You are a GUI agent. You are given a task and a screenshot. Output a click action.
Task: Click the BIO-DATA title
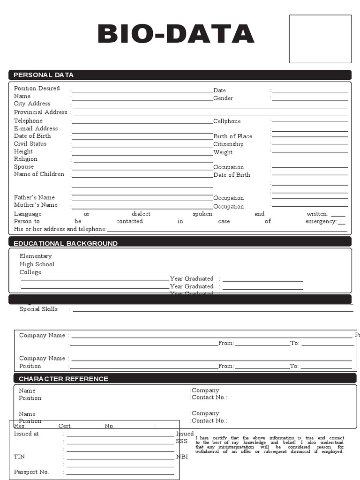(176, 35)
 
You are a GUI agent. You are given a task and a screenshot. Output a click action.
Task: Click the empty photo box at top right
(320, 39)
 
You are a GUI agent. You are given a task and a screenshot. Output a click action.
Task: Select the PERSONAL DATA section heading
(44, 75)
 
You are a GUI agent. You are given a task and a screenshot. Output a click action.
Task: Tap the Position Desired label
(37, 89)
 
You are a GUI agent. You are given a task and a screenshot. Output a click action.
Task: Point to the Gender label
(223, 98)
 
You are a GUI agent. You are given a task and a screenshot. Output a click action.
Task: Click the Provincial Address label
(41, 112)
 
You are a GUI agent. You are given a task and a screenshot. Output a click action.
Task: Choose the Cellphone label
(227, 121)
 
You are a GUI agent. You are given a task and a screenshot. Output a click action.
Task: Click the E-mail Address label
(36, 128)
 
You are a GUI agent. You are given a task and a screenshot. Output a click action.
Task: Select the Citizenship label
(228, 144)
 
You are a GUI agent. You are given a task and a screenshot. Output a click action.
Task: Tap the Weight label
(223, 152)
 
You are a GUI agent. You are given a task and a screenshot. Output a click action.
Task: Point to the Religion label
(26, 159)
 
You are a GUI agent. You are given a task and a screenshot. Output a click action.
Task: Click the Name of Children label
(39, 174)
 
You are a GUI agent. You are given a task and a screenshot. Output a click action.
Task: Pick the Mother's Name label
(36, 205)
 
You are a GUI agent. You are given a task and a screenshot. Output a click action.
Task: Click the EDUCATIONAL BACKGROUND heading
(66, 244)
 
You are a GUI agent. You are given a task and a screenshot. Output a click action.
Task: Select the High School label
(37, 264)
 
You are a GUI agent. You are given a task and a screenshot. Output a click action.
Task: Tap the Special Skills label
(38, 309)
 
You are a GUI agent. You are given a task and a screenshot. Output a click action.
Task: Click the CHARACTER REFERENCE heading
(63, 379)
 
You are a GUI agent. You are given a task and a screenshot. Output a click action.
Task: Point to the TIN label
(19, 457)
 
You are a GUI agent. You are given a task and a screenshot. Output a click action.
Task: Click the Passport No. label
(31, 472)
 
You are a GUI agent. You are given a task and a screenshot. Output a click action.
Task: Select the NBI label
(182, 457)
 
